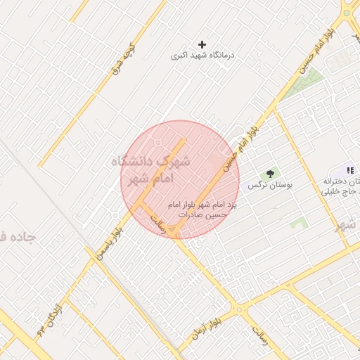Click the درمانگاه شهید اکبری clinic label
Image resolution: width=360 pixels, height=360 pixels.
tap(203, 55)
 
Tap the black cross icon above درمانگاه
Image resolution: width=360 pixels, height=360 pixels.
tap(202, 44)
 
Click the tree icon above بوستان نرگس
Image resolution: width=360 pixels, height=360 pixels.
tap(269, 173)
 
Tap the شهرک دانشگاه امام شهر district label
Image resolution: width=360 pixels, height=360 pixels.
tap(150, 169)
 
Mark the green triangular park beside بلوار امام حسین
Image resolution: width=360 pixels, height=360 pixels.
tap(314, 77)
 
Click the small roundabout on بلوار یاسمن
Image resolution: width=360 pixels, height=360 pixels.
tap(115, 212)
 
